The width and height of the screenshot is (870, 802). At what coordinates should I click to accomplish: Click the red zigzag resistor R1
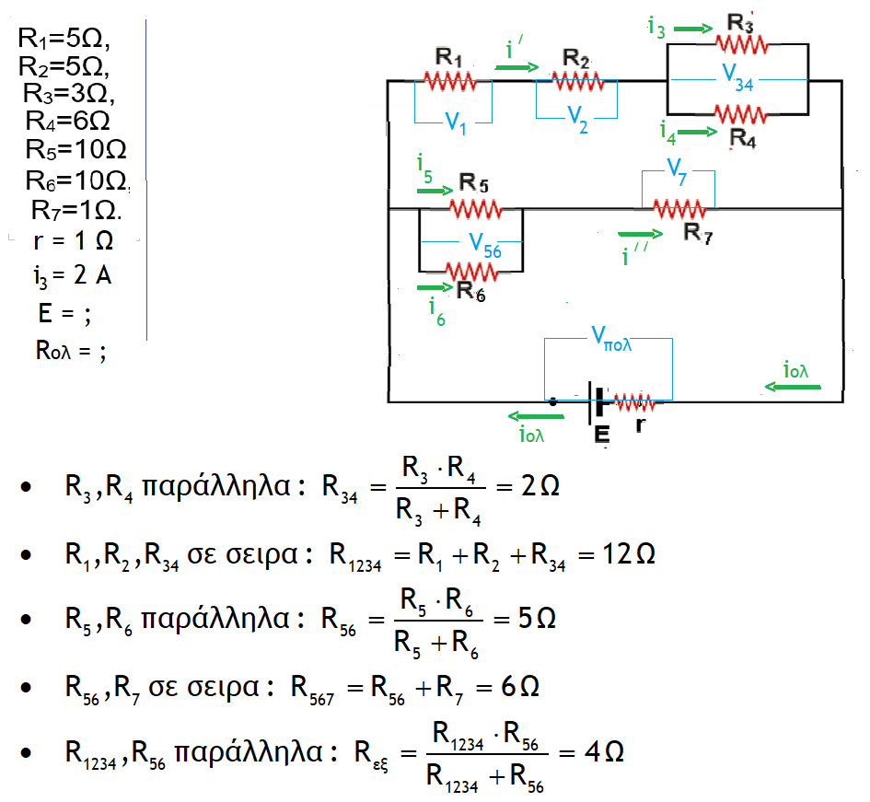click(449, 81)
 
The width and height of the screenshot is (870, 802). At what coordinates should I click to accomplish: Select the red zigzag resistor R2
click(575, 81)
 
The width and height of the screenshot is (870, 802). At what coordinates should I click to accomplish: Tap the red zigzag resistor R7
click(680, 208)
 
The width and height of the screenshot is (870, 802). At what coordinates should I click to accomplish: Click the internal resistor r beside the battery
click(634, 402)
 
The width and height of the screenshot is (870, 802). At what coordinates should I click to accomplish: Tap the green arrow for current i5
click(434, 191)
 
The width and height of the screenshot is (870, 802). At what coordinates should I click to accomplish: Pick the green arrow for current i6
click(427, 287)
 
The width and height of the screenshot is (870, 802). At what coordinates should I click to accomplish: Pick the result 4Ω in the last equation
click(604, 752)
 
